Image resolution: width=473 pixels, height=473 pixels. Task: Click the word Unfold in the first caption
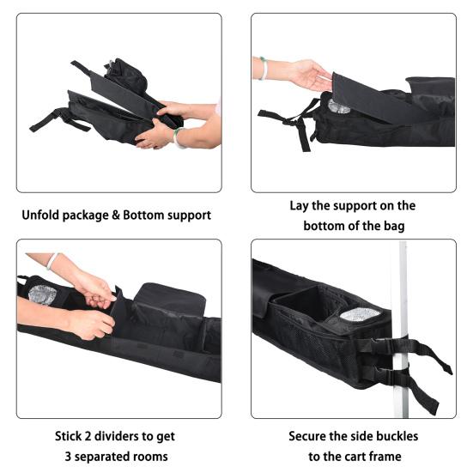coord(40,215)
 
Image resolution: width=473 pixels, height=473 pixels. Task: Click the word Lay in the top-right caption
coord(299,206)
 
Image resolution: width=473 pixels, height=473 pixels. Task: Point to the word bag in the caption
coord(394,226)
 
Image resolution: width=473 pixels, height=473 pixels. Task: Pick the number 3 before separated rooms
coord(68,457)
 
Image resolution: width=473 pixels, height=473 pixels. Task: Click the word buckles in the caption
coord(397,436)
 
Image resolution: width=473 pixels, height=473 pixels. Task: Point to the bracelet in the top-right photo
coord(263,68)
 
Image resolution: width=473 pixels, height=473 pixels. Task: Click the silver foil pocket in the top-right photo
coord(338,106)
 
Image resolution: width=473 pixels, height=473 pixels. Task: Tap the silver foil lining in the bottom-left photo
coord(43,294)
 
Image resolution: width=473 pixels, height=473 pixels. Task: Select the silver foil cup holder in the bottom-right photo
coord(360,315)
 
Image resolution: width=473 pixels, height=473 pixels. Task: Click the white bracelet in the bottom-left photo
coord(52,261)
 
